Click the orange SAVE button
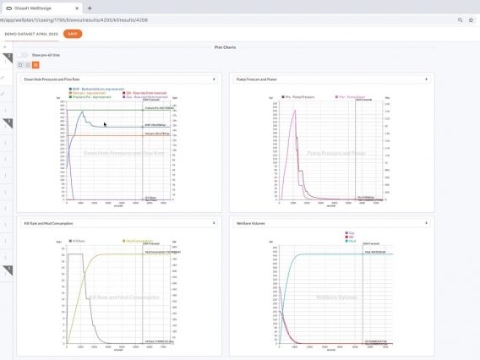[73, 34]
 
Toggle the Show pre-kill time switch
[22, 55]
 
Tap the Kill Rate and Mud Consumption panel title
[53, 223]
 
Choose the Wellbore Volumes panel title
[254, 223]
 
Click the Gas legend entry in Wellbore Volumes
[349, 233]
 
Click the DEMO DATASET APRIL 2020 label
[31, 34]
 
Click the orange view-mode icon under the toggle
[35, 65]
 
